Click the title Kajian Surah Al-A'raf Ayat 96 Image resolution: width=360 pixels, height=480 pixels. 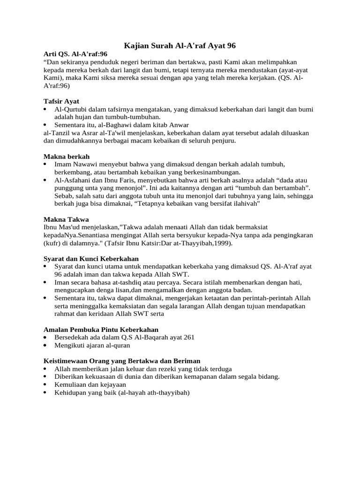point(180,45)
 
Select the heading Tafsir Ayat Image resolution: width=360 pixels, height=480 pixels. point(61,101)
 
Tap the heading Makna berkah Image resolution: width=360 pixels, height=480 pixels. point(67,156)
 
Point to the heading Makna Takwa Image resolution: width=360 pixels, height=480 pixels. point(66,219)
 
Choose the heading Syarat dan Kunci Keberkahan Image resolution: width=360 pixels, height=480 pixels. point(91,258)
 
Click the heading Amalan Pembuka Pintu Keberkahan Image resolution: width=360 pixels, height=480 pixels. point(101,330)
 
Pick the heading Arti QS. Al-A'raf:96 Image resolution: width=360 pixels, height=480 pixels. point(75,54)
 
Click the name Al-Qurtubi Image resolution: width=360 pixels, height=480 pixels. point(70,109)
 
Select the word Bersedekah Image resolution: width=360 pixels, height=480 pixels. point(72,337)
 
